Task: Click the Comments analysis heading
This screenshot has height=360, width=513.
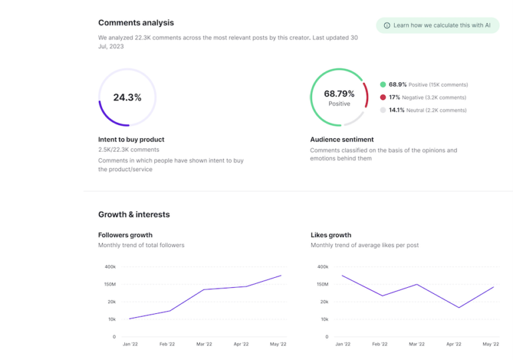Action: click(x=136, y=23)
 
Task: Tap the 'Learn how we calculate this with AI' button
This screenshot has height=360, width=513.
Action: click(x=437, y=25)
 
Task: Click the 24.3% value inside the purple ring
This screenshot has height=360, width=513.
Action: click(x=127, y=98)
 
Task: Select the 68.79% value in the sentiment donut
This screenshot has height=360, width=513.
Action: click(x=339, y=94)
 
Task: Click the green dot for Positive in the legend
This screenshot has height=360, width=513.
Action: click(x=383, y=85)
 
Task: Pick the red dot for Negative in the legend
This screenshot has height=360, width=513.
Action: click(x=383, y=98)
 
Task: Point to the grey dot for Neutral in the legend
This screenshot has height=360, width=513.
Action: click(x=383, y=110)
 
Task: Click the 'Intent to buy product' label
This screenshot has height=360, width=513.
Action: click(x=131, y=140)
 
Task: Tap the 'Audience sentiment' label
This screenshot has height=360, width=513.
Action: click(x=341, y=140)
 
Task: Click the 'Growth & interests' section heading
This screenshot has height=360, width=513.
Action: click(x=134, y=214)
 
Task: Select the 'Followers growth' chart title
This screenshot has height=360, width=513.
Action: click(x=125, y=235)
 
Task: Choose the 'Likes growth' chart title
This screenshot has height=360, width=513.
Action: click(x=331, y=235)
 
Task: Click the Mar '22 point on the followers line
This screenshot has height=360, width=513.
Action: click(x=204, y=290)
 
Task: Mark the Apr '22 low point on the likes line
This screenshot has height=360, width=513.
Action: click(x=458, y=308)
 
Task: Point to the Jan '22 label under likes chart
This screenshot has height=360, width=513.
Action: click(x=343, y=344)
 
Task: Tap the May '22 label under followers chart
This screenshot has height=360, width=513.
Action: click(x=278, y=344)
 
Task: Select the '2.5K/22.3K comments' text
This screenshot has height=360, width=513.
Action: click(x=128, y=150)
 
